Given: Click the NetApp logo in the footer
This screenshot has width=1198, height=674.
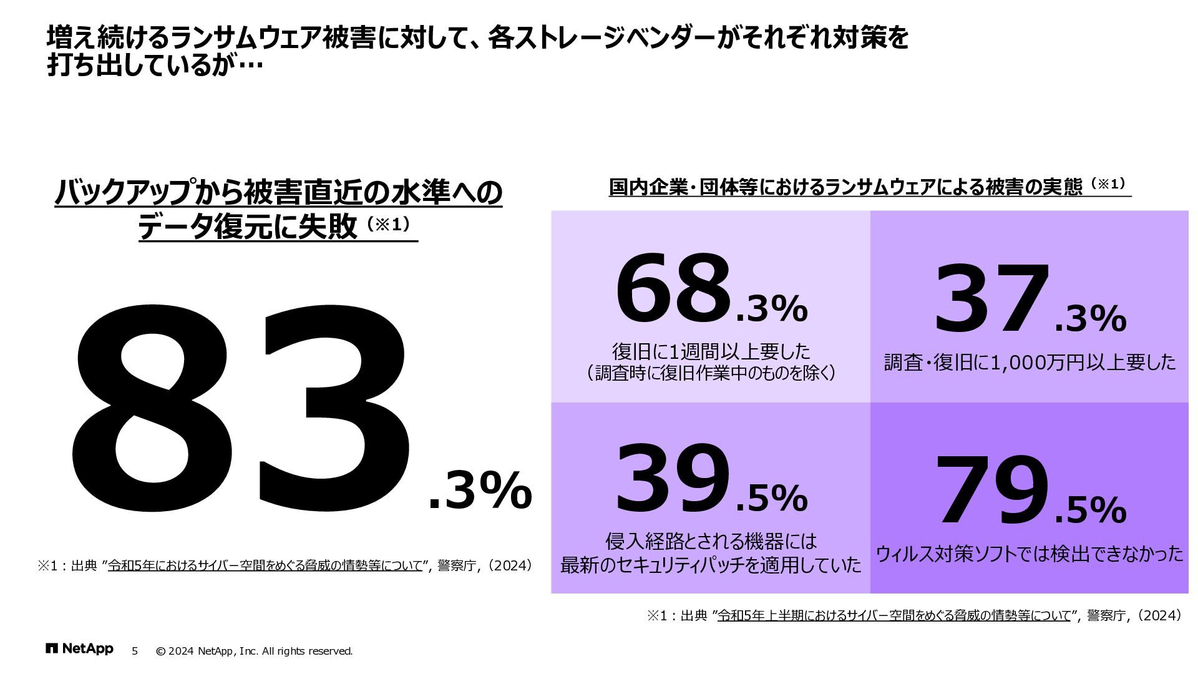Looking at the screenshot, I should point(79,649).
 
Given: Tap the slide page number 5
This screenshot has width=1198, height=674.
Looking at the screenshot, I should point(135,651).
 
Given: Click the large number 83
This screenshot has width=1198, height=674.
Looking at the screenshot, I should point(240,409).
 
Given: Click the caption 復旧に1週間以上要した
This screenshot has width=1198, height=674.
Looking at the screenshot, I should point(711,351).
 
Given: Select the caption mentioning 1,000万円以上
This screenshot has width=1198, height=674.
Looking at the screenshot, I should point(1030,363).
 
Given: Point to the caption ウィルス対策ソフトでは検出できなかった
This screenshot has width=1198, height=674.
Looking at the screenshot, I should point(1030,554).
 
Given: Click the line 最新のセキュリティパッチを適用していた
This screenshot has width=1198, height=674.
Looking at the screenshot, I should point(711,565).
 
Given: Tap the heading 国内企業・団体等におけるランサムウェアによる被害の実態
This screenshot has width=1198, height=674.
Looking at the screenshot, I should point(845,187).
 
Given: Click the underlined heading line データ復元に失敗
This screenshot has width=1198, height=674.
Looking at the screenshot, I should point(246,227).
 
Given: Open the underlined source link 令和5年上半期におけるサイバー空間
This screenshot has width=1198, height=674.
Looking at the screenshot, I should point(894,616).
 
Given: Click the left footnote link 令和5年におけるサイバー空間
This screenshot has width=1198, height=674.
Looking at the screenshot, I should point(266,566).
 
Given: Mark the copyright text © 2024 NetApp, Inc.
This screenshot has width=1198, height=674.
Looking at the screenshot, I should point(254,651).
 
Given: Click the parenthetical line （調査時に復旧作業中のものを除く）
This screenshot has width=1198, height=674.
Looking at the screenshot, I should point(711,373).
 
